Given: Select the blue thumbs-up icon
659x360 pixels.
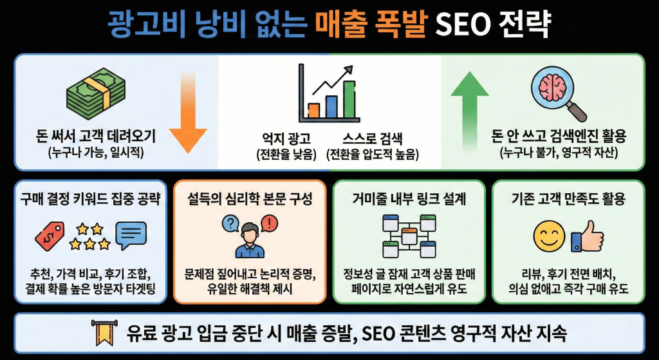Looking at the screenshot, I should click(x=586, y=236).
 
